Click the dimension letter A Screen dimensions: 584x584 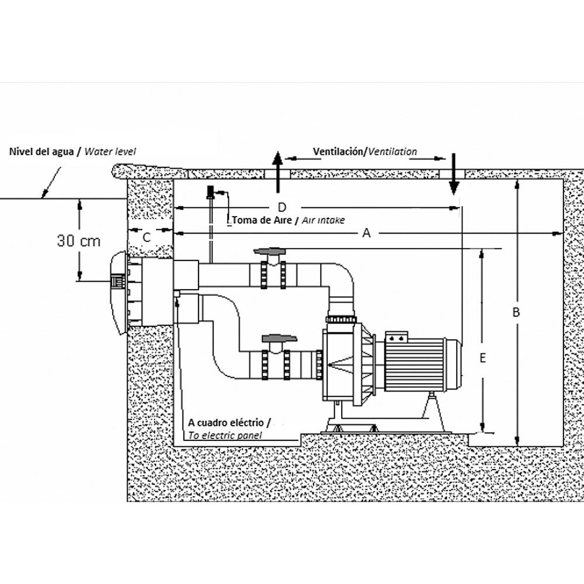tap(367, 233)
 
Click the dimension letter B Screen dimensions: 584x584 tap(516, 312)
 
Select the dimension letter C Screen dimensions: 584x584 tap(147, 237)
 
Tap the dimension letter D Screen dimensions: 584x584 tap(282, 207)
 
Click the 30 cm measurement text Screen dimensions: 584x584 tap(79, 240)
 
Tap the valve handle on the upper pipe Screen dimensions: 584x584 tap(269, 252)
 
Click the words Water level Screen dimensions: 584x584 tap(110, 151)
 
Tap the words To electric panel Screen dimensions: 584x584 tap(225, 435)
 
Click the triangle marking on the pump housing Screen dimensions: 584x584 tap(339, 366)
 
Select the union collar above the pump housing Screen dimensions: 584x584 tap(340, 319)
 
